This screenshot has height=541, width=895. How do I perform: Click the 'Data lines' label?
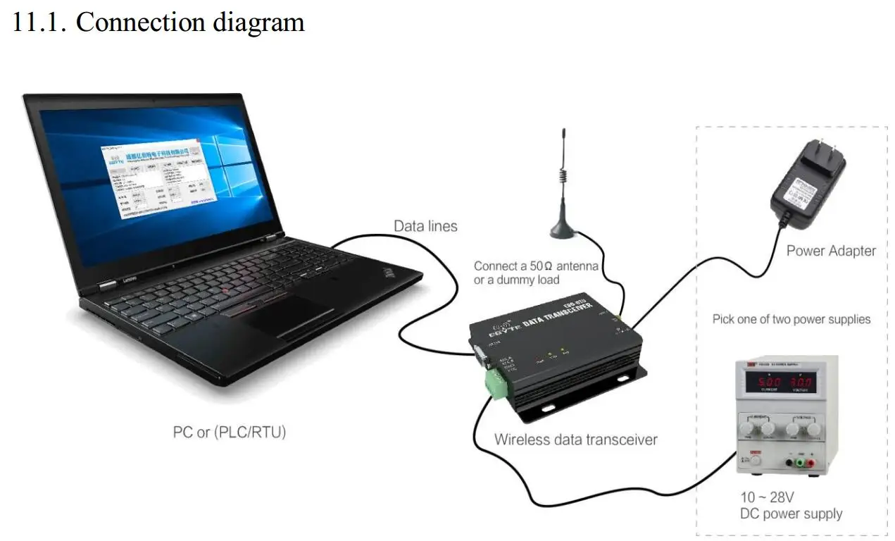tap(425, 226)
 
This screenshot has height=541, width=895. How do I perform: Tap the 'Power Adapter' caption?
tap(831, 251)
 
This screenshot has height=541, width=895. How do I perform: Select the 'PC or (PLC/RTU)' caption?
tap(230, 432)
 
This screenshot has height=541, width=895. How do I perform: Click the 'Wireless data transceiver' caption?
tap(575, 440)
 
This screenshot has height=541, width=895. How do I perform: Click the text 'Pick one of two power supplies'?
tap(791, 319)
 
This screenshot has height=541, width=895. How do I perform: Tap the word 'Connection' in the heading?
tap(134, 22)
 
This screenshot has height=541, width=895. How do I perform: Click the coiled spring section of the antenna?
tap(563, 177)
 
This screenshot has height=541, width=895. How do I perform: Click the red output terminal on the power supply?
tap(810, 463)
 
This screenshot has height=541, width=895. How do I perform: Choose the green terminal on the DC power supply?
tap(800, 463)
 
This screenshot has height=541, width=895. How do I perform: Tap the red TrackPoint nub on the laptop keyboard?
tap(225, 290)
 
